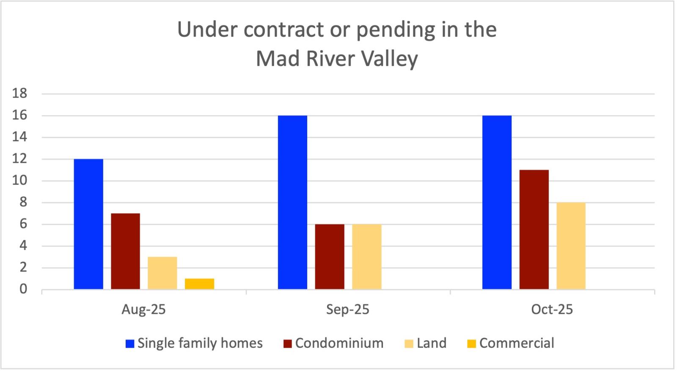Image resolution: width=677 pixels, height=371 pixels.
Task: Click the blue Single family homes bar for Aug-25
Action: click(x=88, y=224)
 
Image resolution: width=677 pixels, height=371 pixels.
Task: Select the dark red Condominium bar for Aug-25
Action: click(x=125, y=251)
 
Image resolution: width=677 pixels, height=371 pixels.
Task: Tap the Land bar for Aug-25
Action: click(x=162, y=273)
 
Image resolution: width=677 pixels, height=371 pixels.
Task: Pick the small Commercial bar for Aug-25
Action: click(x=199, y=284)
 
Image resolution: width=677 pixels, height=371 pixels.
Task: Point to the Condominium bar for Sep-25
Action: click(x=330, y=257)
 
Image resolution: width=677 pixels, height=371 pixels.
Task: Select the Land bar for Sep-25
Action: click(x=366, y=257)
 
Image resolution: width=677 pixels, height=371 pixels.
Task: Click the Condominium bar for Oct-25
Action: click(x=534, y=230)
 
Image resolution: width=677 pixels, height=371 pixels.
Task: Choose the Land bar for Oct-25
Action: click(x=571, y=246)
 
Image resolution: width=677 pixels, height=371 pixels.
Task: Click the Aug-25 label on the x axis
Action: click(x=143, y=310)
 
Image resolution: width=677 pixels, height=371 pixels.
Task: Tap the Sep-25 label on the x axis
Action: click(x=348, y=310)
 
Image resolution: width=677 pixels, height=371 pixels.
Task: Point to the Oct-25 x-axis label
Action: click(x=552, y=310)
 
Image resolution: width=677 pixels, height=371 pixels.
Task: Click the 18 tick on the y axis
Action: click(x=20, y=93)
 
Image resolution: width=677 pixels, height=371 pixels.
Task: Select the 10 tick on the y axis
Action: click(x=20, y=181)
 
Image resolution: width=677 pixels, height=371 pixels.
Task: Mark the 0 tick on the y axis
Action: click(x=23, y=289)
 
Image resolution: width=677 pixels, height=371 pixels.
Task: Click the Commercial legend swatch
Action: click(x=471, y=344)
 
